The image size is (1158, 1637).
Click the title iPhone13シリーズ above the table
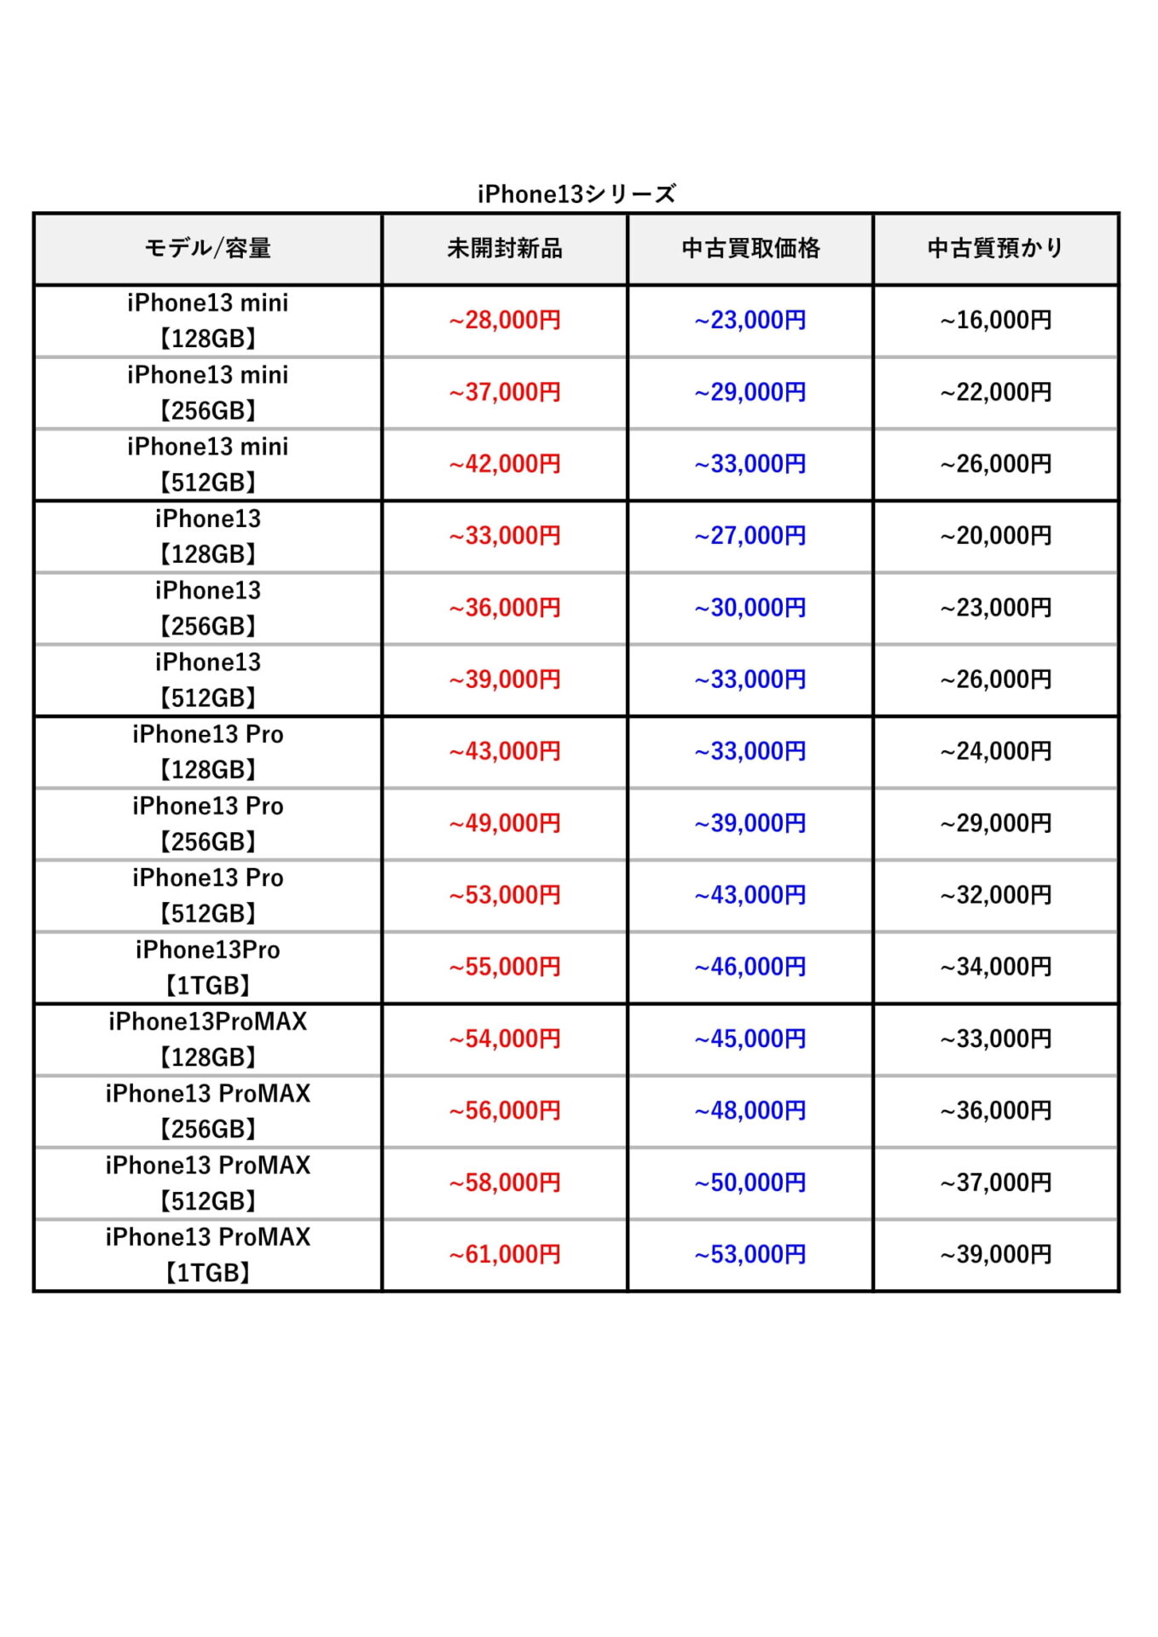point(576,194)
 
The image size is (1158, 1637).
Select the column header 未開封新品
point(505,248)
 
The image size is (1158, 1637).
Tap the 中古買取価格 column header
point(750,248)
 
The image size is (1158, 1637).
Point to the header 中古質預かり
point(995,248)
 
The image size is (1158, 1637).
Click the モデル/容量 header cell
point(207,248)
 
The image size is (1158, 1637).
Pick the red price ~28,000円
point(505,321)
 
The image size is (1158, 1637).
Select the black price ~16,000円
point(995,321)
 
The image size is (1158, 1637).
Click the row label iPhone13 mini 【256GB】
point(207,392)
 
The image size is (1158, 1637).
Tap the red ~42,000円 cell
point(505,464)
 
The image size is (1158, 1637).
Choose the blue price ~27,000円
point(750,535)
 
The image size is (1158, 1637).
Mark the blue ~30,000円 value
point(750,608)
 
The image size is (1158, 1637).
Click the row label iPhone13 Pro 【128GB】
point(207,751)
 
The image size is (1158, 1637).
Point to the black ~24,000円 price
point(995,751)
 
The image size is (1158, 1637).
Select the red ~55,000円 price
point(505,967)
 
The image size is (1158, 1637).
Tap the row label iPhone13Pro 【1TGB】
point(207,967)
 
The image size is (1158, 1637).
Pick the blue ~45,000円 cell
point(750,1038)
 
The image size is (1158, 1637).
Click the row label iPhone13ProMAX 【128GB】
point(207,1038)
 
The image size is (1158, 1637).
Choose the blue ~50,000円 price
point(750,1183)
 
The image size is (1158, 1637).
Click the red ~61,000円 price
point(505,1254)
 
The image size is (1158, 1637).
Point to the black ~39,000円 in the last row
point(995,1254)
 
